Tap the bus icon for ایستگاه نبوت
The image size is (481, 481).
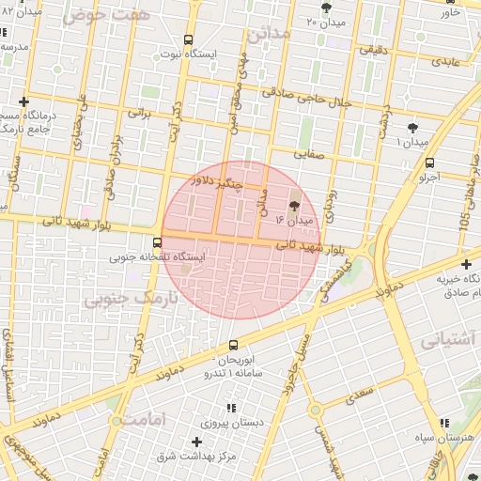pyautogui.click(x=189, y=40)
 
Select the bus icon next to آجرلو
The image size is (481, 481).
pyautogui.click(x=429, y=163)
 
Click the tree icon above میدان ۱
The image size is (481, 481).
pyautogui.click(x=412, y=127)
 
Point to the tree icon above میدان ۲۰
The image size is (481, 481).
pyautogui.click(x=326, y=8)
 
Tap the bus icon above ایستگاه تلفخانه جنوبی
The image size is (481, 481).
pyautogui.click(x=157, y=241)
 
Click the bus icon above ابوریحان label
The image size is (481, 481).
pyautogui.click(x=234, y=345)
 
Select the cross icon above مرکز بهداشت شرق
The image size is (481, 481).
pyautogui.click(x=196, y=442)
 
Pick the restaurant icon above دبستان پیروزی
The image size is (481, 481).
pyautogui.click(x=230, y=408)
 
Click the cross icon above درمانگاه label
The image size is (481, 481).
pyautogui.click(x=23, y=101)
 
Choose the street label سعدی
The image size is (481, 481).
pyautogui.click(x=359, y=393)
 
